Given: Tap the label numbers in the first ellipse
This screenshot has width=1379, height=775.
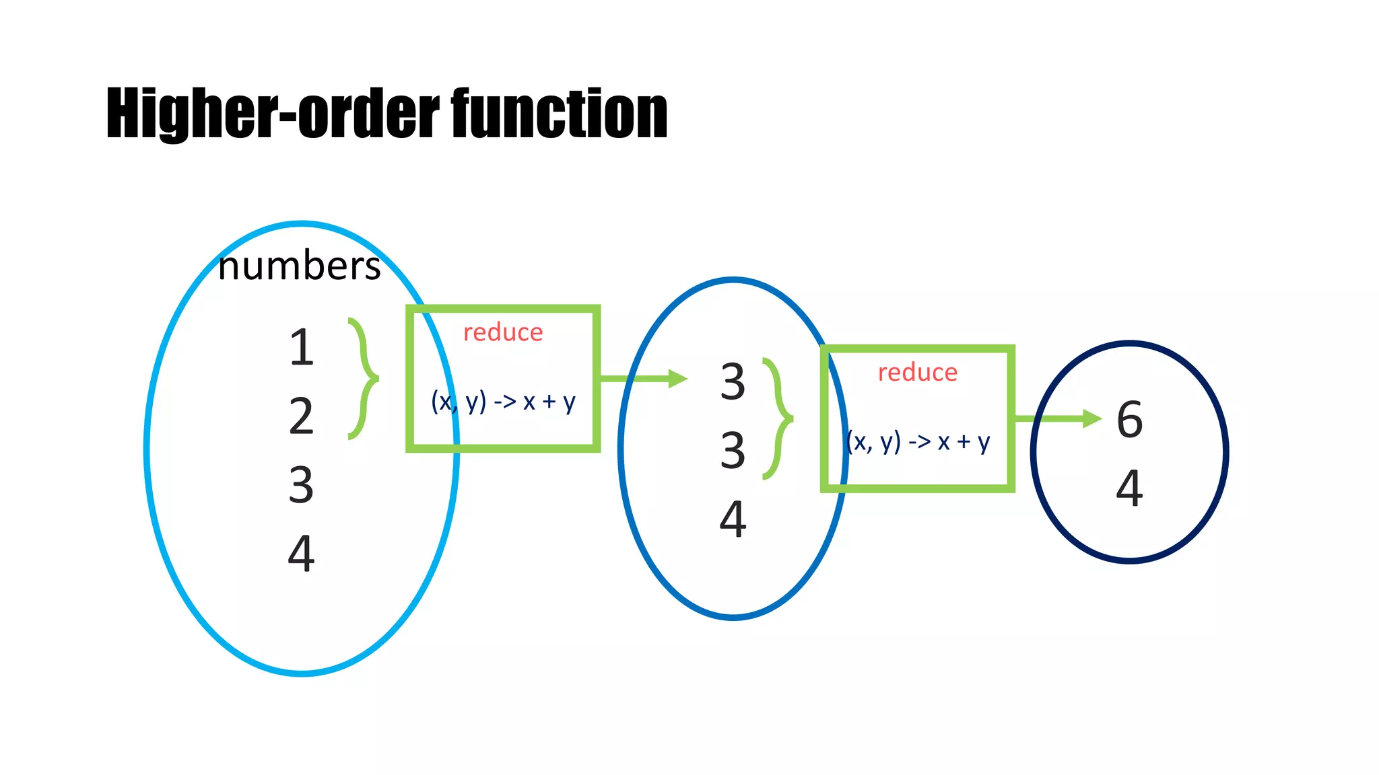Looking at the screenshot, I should [300, 266].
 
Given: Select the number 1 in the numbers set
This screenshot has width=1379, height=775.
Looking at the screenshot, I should [302, 348].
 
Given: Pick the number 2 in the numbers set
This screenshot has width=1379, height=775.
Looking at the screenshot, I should [301, 416].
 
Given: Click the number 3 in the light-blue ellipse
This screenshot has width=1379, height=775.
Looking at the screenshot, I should [301, 485].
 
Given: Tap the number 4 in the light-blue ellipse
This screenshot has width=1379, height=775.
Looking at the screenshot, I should [301, 554].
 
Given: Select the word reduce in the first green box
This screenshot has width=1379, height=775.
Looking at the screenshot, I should [503, 332].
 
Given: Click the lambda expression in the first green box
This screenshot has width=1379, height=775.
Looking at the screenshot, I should [503, 402].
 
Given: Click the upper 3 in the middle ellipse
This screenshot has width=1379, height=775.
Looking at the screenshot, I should [733, 381].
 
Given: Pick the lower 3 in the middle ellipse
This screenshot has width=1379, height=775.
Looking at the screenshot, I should [733, 450].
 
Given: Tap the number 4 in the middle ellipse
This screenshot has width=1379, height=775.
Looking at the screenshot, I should [733, 519].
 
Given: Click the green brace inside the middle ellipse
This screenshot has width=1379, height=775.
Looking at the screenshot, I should [780, 418].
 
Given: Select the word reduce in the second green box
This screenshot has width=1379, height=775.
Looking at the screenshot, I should [917, 372].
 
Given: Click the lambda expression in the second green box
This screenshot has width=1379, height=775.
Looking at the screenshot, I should [917, 442].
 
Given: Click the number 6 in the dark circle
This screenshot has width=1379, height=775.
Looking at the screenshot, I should [1129, 420].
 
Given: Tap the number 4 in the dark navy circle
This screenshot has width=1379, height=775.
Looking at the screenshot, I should [1129, 488].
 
